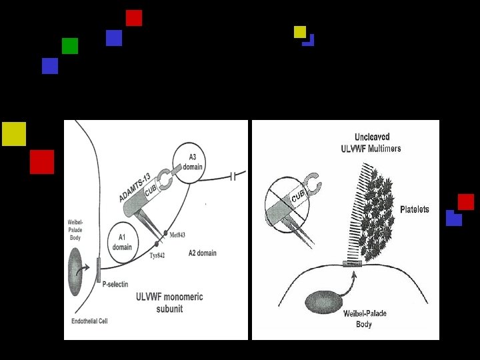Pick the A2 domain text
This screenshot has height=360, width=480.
coord(202,253)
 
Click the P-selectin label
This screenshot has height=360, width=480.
coord(115,283)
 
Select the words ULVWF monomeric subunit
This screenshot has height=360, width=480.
coord(169,303)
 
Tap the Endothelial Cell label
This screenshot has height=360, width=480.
coord(89,321)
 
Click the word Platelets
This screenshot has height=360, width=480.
coord(414,209)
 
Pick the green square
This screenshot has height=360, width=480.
coord(70,46)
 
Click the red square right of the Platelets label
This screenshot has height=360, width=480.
coord(465,201)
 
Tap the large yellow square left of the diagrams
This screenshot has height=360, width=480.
coord(14,134)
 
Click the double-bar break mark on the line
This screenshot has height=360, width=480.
coord(233,177)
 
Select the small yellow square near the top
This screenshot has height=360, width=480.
coord(300,31)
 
